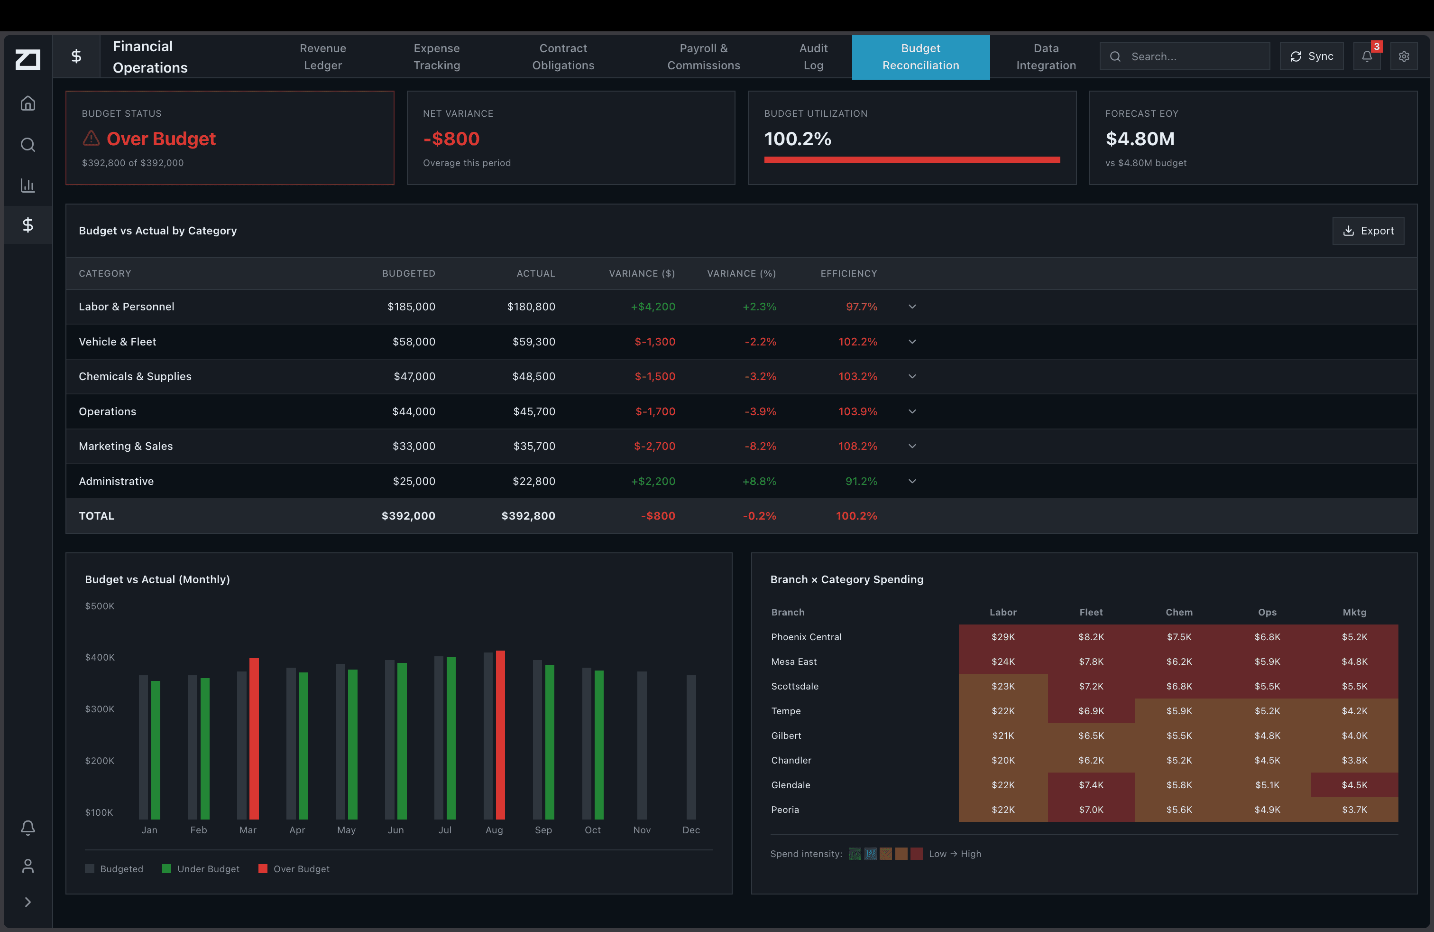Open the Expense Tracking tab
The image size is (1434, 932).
tap(436, 56)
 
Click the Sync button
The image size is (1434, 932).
tap(1311, 56)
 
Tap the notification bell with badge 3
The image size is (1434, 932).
tap(1367, 56)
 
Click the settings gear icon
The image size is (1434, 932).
tap(1404, 56)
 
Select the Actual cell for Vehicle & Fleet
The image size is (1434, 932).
tap(533, 342)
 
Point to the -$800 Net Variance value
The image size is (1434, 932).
tap(451, 139)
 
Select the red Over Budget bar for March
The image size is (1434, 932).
tap(254, 738)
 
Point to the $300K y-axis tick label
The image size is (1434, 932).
tap(100, 709)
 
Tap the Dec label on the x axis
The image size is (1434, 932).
tap(691, 830)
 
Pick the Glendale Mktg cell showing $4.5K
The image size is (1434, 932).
tap(1354, 785)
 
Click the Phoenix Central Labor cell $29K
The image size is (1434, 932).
tap(1002, 637)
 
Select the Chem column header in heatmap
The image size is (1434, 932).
tap(1178, 612)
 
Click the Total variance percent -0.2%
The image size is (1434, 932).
tap(759, 516)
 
